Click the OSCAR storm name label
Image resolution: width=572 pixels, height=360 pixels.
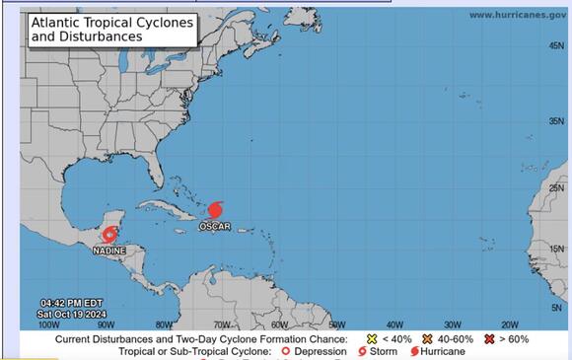[x=214, y=226]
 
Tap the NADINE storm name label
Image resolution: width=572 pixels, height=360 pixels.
[x=108, y=251]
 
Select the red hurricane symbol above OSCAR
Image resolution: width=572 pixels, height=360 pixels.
[x=214, y=210]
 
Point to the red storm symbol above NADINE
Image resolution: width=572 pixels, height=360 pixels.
[x=109, y=236]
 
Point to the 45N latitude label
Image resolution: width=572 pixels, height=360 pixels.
[x=556, y=121]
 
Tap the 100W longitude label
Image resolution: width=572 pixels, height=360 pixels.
[x=46, y=324]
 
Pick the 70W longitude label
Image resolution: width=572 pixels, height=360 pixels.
[x=222, y=324]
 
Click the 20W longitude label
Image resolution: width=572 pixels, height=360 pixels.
[x=510, y=324]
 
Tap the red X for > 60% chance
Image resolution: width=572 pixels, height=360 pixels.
[x=489, y=338]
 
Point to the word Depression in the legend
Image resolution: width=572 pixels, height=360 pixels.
[x=322, y=351]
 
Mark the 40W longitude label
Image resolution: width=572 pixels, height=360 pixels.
[x=393, y=324]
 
